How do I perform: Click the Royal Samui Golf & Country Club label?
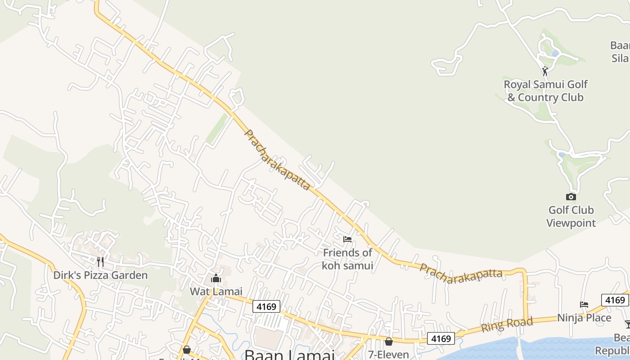click(x=545, y=90)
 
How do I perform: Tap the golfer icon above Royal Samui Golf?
click(x=545, y=71)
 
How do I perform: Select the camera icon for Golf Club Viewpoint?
click(x=571, y=197)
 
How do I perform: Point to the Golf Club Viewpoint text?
click(x=571, y=216)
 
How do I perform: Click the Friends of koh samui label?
click(x=347, y=259)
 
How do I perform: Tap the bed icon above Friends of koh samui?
click(x=347, y=239)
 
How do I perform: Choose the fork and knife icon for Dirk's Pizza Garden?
click(x=100, y=261)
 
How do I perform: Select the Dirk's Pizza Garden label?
click(x=100, y=275)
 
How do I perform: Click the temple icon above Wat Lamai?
click(x=216, y=279)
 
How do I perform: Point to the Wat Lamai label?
click(x=216, y=291)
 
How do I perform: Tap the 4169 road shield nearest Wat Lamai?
click(x=266, y=306)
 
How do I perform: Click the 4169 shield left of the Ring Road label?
click(x=441, y=338)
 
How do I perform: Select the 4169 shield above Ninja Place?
click(x=615, y=300)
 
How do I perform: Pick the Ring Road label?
click(x=507, y=324)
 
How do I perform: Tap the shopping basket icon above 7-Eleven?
click(x=389, y=342)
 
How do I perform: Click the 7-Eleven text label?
click(x=389, y=355)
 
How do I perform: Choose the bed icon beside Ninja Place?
click(x=584, y=305)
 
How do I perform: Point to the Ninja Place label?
click(x=584, y=318)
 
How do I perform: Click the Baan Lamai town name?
click(x=289, y=355)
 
